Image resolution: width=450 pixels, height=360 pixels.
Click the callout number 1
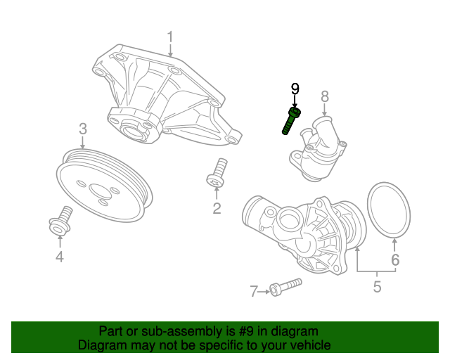[x=169, y=36]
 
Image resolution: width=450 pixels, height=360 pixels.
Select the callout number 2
[x=217, y=208]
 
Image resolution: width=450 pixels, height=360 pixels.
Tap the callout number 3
[x=82, y=129]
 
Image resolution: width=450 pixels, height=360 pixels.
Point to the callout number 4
[x=59, y=257]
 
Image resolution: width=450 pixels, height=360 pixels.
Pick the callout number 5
[x=377, y=287]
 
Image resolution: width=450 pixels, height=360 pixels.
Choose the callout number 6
[x=394, y=260]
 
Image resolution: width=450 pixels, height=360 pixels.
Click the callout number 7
[x=254, y=291]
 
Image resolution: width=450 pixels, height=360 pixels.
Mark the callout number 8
[x=325, y=96]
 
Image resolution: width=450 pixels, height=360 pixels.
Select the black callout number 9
[x=295, y=89]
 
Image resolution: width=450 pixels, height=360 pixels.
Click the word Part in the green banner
[x=111, y=331]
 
